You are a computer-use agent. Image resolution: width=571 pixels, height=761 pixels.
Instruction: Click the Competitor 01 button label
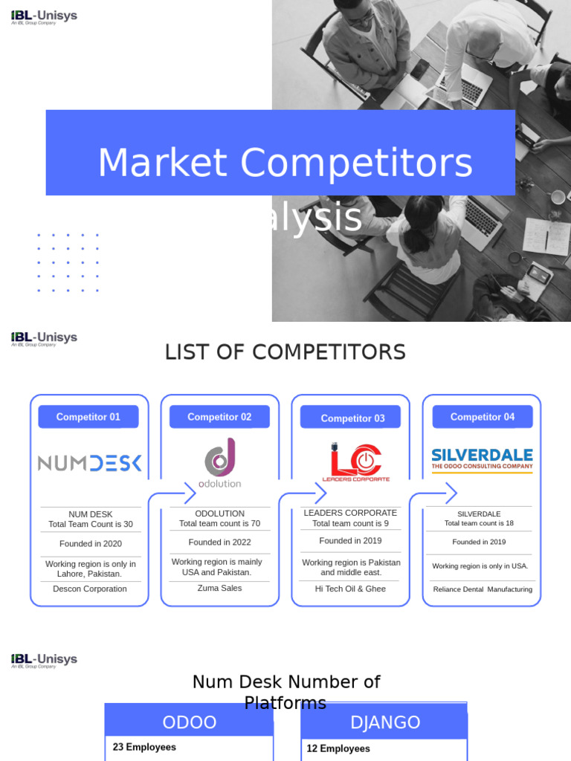pyautogui.click(x=88, y=417)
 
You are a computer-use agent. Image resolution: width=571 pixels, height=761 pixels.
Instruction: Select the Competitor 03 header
pyautogui.click(x=352, y=418)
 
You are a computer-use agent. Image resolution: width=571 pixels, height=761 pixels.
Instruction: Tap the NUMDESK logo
pyautogui.click(x=89, y=464)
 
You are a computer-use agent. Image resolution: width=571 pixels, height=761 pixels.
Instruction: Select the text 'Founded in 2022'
pyautogui.click(x=220, y=543)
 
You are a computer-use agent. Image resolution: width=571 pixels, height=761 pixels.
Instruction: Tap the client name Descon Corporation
pyautogui.click(x=90, y=589)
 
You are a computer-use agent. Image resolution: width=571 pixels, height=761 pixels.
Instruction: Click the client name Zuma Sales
pyautogui.click(x=219, y=589)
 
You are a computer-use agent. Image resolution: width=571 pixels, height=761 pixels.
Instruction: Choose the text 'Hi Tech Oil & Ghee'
pyautogui.click(x=350, y=589)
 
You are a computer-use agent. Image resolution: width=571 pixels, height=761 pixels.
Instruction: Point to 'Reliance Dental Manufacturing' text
pyautogui.click(x=483, y=589)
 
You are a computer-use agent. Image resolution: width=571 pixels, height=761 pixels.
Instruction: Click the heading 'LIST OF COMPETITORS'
pyautogui.click(x=285, y=352)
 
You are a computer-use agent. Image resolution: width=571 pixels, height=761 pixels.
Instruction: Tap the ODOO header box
pyautogui.click(x=190, y=722)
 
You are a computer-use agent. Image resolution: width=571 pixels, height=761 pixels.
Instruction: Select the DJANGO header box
pyautogui.click(x=384, y=722)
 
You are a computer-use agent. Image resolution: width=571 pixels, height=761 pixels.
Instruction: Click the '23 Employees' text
pyautogui.click(x=144, y=748)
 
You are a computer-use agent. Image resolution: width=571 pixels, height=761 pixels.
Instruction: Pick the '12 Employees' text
pyautogui.click(x=338, y=749)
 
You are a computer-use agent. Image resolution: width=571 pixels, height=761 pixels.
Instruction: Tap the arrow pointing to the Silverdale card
pyautogui.click(x=449, y=493)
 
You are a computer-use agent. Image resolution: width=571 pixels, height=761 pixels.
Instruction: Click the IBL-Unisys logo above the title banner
pyautogui.click(x=44, y=16)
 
